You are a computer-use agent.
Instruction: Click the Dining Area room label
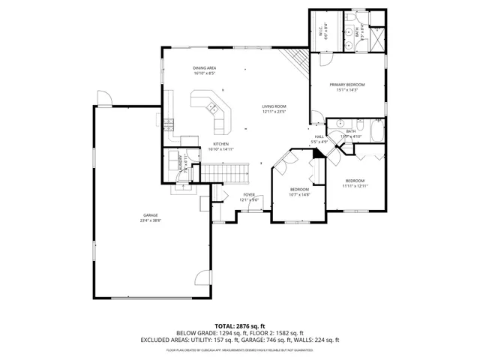pyautogui.click(x=204, y=67)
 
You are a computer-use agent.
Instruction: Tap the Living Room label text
pyautogui.click(x=274, y=106)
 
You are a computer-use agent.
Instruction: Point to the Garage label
pyautogui.click(x=150, y=215)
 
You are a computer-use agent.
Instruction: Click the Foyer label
pyautogui.click(x=249, y=195)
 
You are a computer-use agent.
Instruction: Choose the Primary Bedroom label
pyautogui.click(x=346, y=85)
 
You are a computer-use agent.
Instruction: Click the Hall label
pyautogui.click(x=319, y=136)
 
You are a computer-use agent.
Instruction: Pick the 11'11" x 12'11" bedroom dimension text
pyautogui.click(x=355, y=185)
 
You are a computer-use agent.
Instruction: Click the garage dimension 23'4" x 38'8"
pyautogui.click(x=150, y=220)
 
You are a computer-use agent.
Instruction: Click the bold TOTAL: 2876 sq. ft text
pyautogui.click(x=240, y=325)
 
